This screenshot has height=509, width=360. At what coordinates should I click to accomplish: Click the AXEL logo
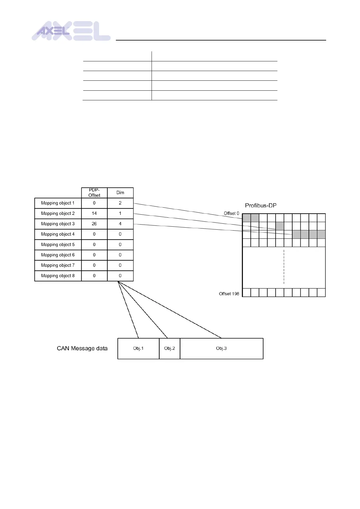pyautogui.click(x=71, y=31)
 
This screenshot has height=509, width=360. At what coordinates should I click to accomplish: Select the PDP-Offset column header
pyautogui.click(x=94, y=193)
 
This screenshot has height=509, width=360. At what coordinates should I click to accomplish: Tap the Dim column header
pyautogui.click(x=120, y=193)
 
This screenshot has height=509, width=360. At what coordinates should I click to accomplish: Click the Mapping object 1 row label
pyautogui.click(x=58, y=203)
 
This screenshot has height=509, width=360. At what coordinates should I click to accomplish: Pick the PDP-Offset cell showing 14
pyautogui.click(x=94, y=213)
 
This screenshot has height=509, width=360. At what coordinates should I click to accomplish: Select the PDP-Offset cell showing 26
pyautogui.click(x=94, y=224)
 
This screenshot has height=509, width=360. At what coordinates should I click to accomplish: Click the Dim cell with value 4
pyautogui.click(x=120, y=224)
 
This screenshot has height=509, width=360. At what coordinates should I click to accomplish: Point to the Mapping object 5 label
pyautogui.click(x=58, y=245)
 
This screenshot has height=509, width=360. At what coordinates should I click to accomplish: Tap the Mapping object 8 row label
pyautogui.click(x=58, y=276)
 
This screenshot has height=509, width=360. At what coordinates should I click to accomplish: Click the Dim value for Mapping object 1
pyautogui.click(x=120, y=203)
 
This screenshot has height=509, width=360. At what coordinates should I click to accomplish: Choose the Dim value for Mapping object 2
pyautogui.click(x=120, y=213)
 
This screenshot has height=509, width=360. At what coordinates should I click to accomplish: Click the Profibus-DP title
pyautogui.click(x=260, y=206)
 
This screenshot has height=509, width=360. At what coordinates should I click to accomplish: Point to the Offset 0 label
pyautogui.click(x=231, y=213)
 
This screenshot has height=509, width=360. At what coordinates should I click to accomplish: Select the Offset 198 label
pyautogui.click(x=229, y=294)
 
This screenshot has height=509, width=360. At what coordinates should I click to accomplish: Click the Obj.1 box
pyautogui.click(x=138, y=349)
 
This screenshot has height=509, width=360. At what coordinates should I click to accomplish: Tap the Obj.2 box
pyautogui.click(x=169, y=349)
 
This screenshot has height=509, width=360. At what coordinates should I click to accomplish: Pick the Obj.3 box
pyautogui.click(x=221, y=349)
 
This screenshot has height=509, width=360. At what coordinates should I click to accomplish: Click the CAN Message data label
pyautogui.click(x=82, y=349)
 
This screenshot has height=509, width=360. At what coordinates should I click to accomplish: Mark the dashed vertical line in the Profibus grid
pyautogui.click(x=284, y=267)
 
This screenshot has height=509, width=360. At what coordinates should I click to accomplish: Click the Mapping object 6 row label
pyautogui.click(x=58, y=255)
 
